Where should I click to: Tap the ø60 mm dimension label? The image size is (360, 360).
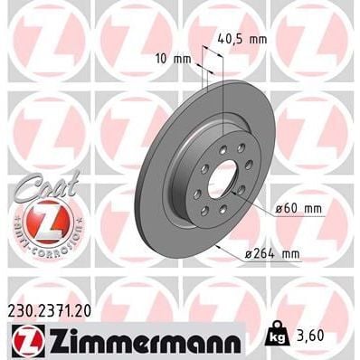click(300, 210)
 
